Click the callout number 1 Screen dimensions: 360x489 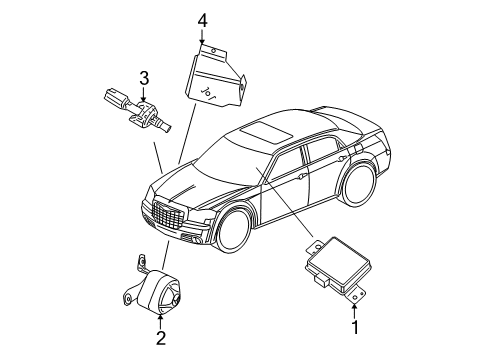pos(352,326)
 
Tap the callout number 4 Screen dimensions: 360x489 pos(202,19)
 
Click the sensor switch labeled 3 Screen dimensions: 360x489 pos(137,110)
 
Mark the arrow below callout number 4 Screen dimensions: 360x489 pos(202,38)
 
